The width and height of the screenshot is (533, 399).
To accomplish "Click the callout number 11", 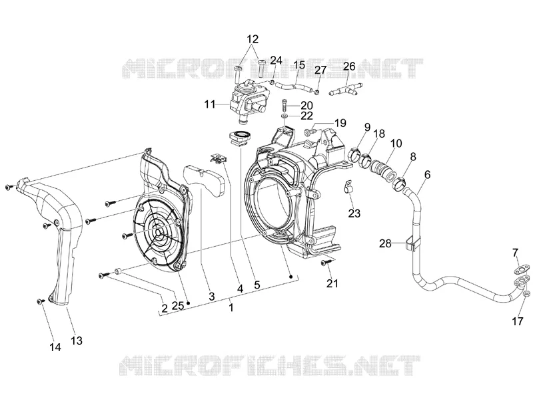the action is pyautogui.click(x=209, y=104).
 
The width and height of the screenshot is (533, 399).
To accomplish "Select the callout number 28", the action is pyautogui.click(x=385, y=243).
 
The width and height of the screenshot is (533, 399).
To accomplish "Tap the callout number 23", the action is pyautogui.click(x=354, y=213).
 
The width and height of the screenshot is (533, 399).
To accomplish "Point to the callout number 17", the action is pyautogui.click(x=518, y=321).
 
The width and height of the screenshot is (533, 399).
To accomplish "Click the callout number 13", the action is pyautogui.click(x=77, y=340).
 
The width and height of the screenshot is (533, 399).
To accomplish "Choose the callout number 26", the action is pyautogui.click(x=348, y=66).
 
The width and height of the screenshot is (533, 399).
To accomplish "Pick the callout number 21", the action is pyautogui.click(x=332, y=283).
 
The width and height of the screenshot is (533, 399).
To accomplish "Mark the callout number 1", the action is pyautogui.click(x=231, y=308).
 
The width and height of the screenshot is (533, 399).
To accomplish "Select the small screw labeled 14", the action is pyautogui.click(x=41, y=301).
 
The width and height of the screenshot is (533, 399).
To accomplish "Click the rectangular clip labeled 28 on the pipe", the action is pyautogui.click(x=412, y=243).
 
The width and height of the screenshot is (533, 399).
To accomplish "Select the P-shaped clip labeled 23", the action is pyautogui.click(x=346, y=188).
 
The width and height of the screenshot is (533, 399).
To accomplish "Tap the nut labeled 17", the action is pyautogui.click(x=526, y=293).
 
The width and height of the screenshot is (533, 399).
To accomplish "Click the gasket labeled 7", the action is pyautogui.click(x=522, y=269).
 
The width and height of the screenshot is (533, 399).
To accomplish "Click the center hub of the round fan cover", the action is pyautogui.click(x=159, y=232).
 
